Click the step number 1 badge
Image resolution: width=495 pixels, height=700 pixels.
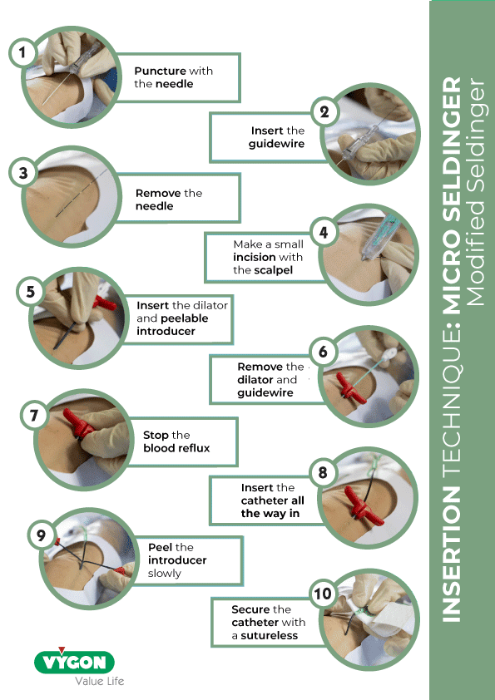click(22, 53)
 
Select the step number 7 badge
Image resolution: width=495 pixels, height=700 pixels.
click(34, 415)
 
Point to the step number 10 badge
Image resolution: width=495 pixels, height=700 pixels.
click(322, 594)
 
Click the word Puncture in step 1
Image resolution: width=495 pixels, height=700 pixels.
click(161, 71)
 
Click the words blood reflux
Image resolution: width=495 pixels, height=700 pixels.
click(176, 448)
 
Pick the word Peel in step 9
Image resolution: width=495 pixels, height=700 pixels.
click(160, 547)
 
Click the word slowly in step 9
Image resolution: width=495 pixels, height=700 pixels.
click(165, 573)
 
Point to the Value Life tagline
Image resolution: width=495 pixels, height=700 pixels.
click(99, 682)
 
